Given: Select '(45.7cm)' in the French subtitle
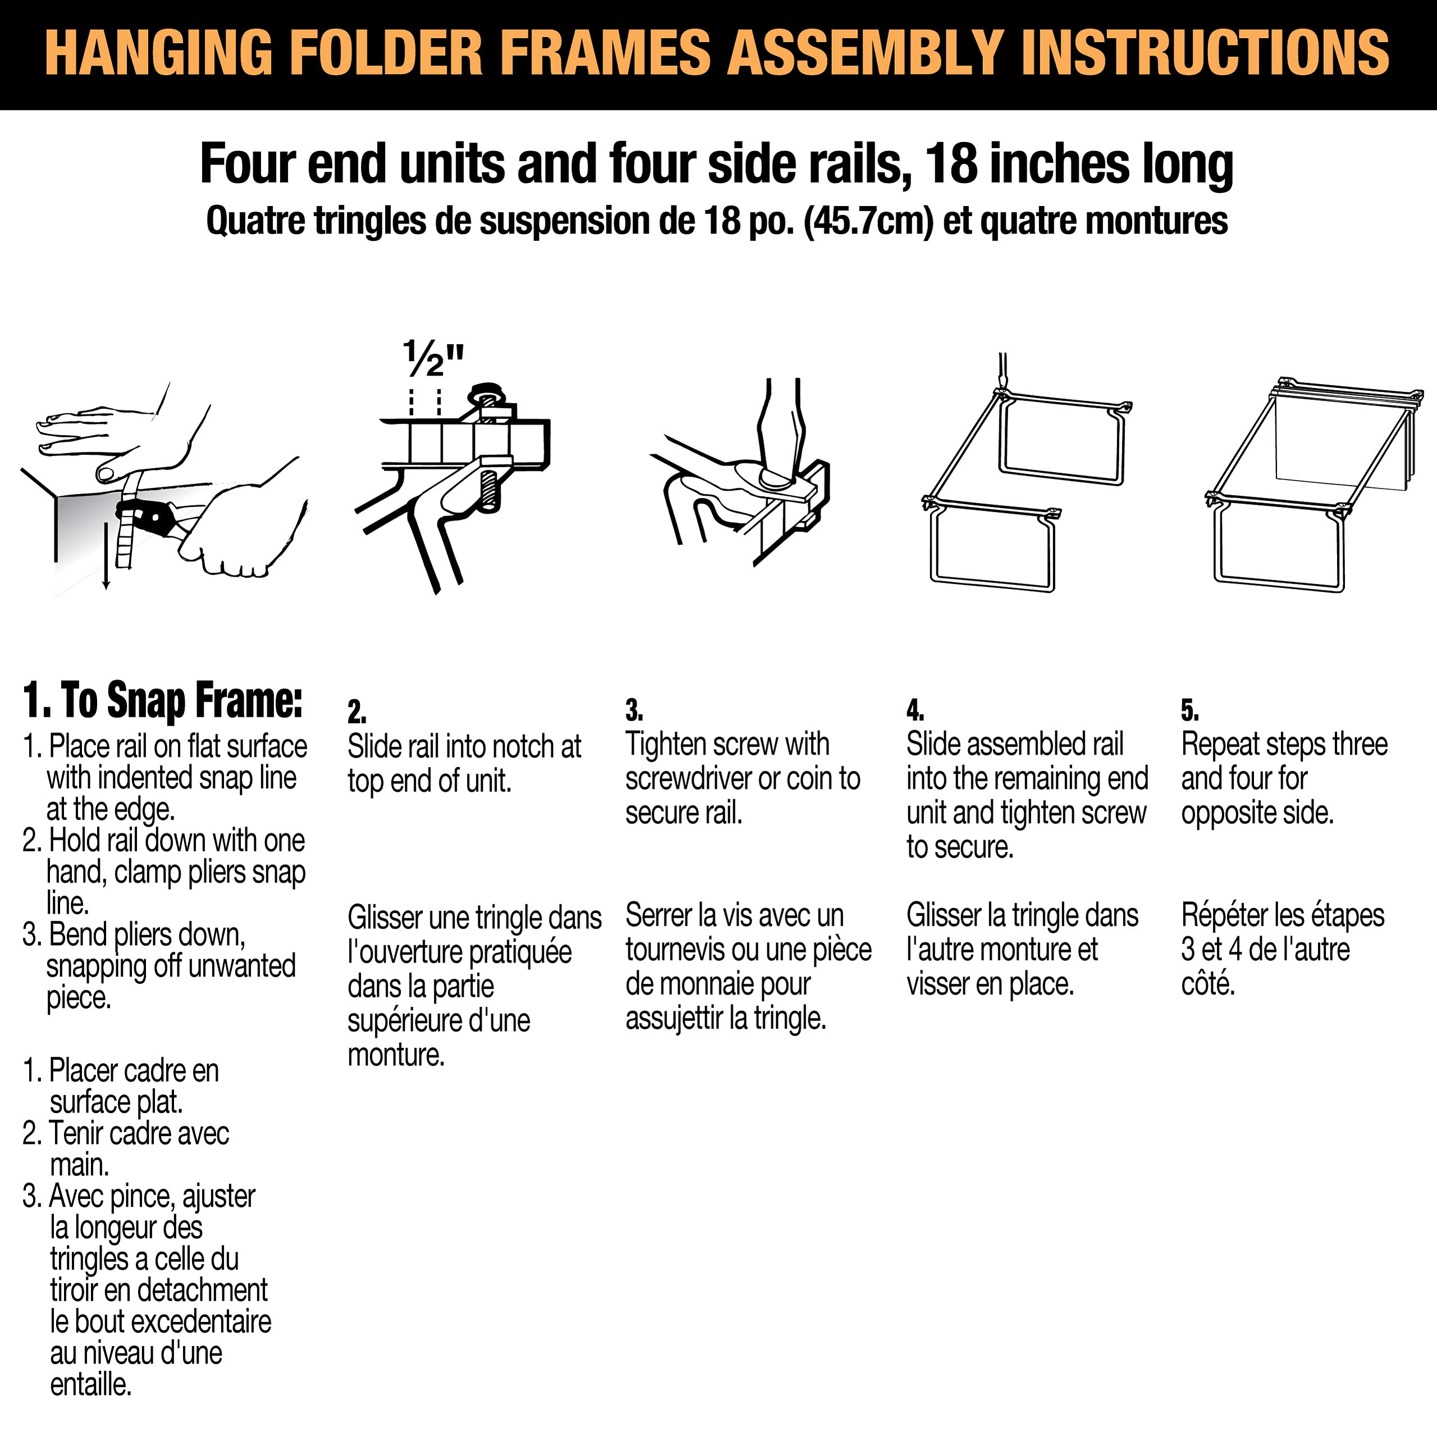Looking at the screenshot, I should coord(868,221).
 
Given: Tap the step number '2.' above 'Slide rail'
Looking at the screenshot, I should coord(357,712).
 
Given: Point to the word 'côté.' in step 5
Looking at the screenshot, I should coord(1208,984).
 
